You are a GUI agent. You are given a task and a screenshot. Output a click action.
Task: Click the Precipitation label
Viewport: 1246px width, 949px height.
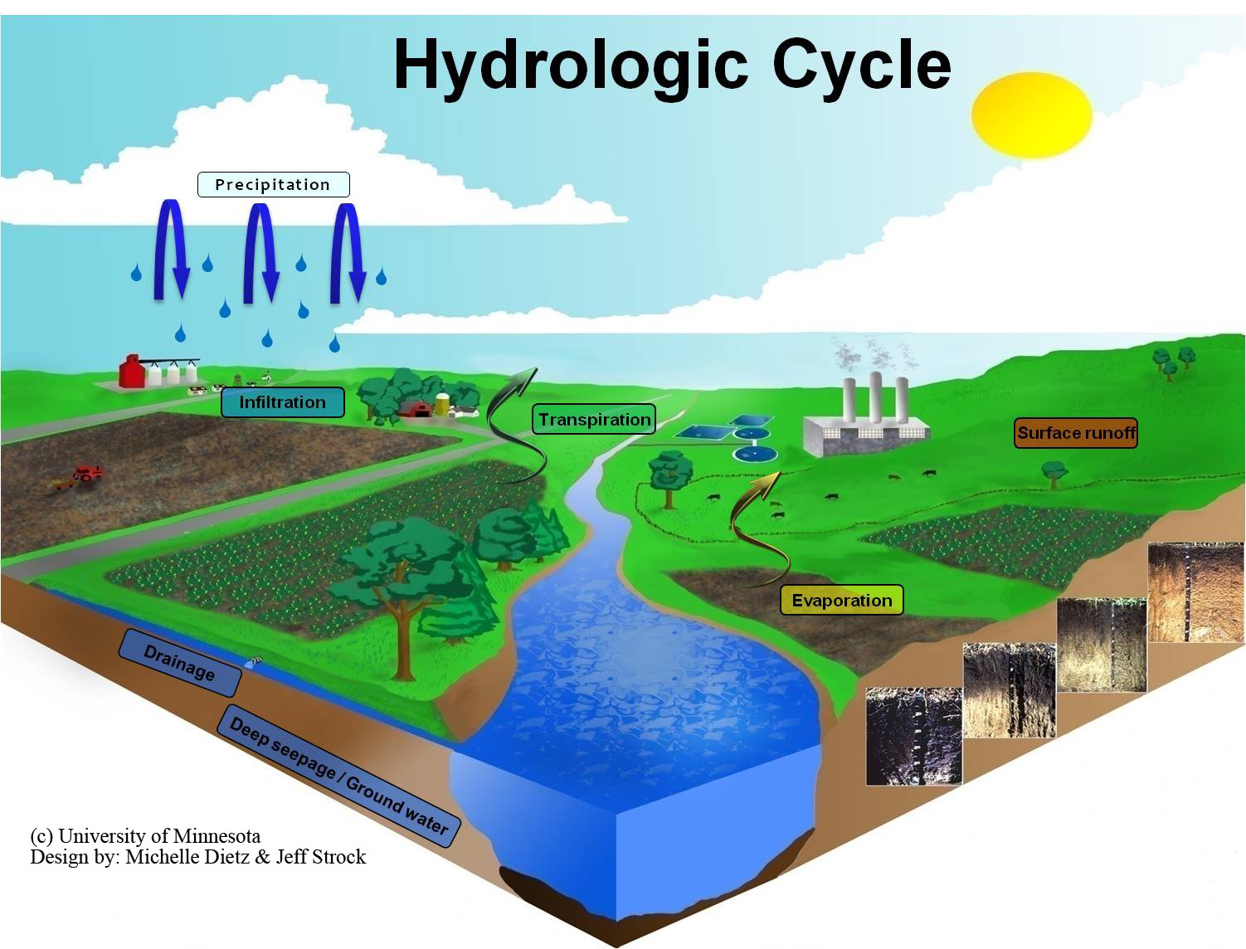pyautogui.click(x=273, y=184)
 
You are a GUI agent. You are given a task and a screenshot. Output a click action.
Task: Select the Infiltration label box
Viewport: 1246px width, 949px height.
pyautogui.click(x=282, y=402)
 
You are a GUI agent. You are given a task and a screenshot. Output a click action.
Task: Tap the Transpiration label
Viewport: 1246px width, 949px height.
pyautogui.click(x=594, y=420)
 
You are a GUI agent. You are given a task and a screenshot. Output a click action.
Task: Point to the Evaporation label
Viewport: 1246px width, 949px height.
pyautogui.click(x=841, y=601)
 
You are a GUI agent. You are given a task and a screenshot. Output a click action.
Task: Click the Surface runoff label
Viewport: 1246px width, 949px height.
pyautogui.click(x=1076, y=433)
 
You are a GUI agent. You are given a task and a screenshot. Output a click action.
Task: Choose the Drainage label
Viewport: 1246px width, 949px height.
pyautogui.click(x=180, y=662)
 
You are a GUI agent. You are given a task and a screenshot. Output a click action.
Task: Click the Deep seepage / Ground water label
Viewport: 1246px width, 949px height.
pyautogui.click(x=338, y=775)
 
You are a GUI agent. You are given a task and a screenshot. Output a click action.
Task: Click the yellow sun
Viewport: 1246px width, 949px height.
pyautogui.click(x=1031, y=115)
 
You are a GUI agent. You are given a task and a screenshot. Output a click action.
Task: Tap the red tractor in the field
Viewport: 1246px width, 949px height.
pyautogui.click(x=86, y=474)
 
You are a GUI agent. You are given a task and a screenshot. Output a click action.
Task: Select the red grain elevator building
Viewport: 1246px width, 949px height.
pyautogui.click(x=131, y=372)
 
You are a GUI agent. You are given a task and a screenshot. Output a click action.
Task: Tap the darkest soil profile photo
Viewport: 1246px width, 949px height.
pyautogui.click(x=913, y=735)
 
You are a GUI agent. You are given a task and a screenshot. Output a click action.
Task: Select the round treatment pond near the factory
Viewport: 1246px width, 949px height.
pyautogui.click(x=754, y=453)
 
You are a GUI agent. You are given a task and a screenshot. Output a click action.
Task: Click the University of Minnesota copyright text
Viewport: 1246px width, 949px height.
pyautogui.click(x=145, y=835)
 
